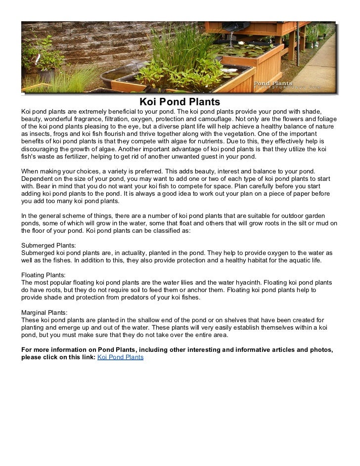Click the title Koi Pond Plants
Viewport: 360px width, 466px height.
coord(179,102)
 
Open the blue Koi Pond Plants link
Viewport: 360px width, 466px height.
coord(121,356)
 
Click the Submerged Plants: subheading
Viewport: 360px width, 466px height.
coord(49,245)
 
